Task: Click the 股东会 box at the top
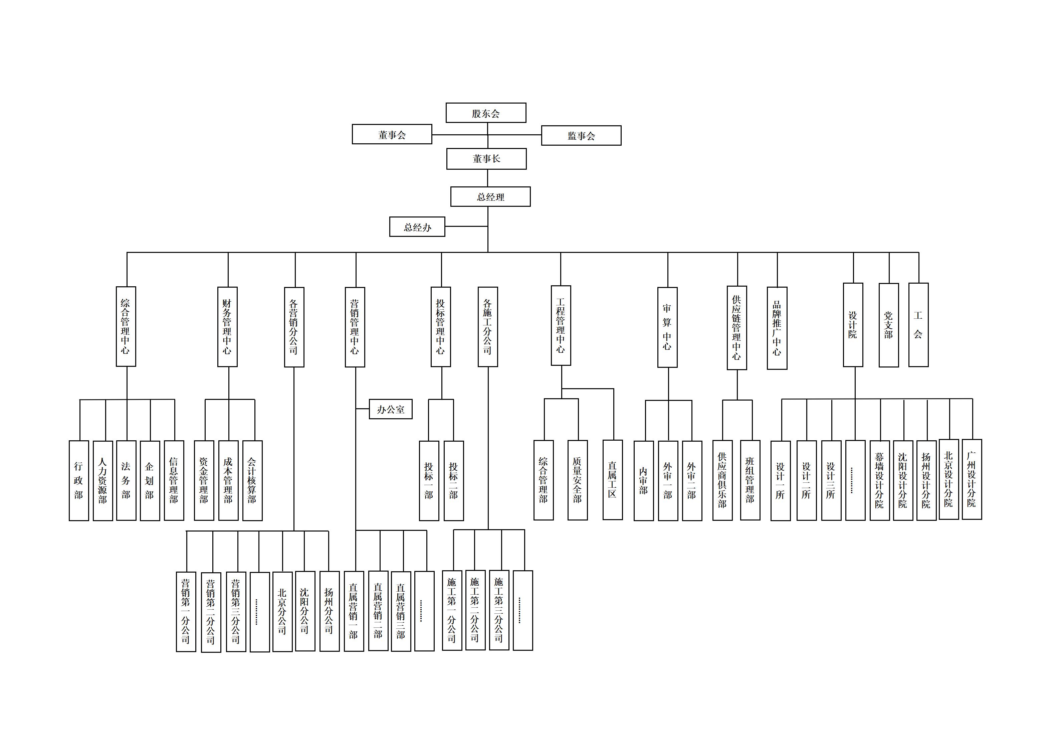pos(486,113)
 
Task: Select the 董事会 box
pos(392,135)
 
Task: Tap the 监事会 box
pos(581,135)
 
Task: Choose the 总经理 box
pos(490,197)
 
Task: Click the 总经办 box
pos(417,227)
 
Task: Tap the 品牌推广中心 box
pos(777,328)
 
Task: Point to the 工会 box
pos(918,325)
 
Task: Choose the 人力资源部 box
pos(102,481)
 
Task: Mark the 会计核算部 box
pos(252,481)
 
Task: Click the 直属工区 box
pos(612,480)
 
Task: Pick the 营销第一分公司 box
pos(186,612)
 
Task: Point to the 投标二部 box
pos(453,481)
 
